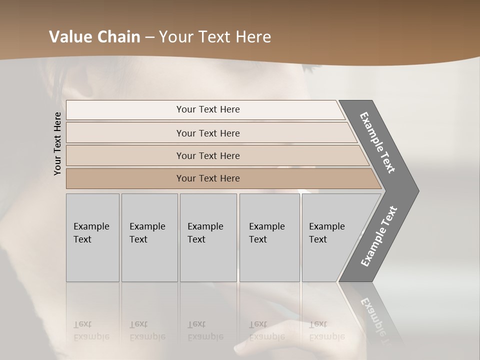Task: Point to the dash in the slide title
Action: [149, 37]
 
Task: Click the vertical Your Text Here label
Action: [57, 143]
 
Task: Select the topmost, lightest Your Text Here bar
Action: [208, 109]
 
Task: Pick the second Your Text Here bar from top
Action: [208, 133]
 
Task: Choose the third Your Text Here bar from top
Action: [208, 155]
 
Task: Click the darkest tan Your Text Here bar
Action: [208, 178]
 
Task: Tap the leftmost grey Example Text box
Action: [92, 237]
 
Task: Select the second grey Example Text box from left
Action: [149, 237]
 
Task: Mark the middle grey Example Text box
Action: [208, 237]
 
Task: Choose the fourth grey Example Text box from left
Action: [269, 237]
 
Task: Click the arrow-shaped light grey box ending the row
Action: [330, 237]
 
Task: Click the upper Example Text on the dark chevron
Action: [377, 142]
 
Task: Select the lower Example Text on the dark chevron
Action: [379, 236]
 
